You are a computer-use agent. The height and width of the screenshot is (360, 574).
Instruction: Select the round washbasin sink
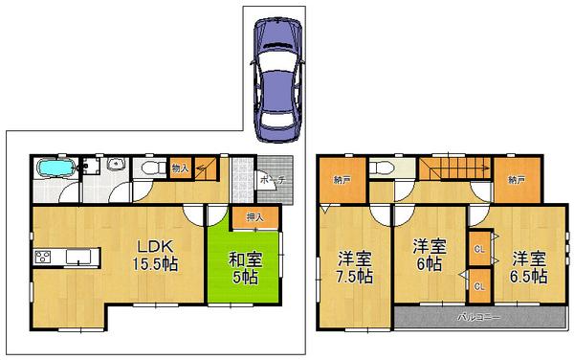tap(115, 164)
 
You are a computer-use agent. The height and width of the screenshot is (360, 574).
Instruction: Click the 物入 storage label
tap(180, 169)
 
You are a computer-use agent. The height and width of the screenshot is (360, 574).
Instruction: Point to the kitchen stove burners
tap(44, 257)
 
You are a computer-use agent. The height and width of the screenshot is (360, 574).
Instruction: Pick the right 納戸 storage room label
tap(518, 180)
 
